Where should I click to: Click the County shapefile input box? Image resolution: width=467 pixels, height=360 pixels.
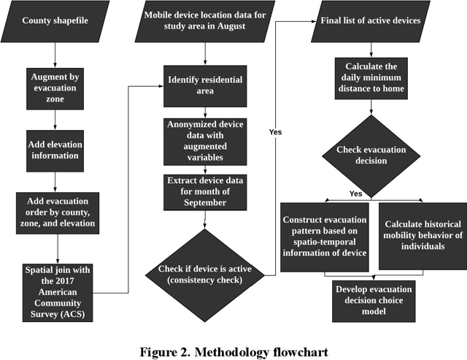coord(55,20)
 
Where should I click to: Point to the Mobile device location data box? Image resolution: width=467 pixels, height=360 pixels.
coord(205,20)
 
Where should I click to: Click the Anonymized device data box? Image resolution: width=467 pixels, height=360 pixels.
coord(205,141)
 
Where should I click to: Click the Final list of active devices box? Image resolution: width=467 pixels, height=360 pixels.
coord(370,20)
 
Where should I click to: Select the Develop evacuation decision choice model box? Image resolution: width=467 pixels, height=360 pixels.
coord(370,300)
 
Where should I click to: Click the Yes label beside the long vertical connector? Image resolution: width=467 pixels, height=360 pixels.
coord(275,131)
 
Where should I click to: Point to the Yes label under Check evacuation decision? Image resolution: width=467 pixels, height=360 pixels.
coord(355,194)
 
